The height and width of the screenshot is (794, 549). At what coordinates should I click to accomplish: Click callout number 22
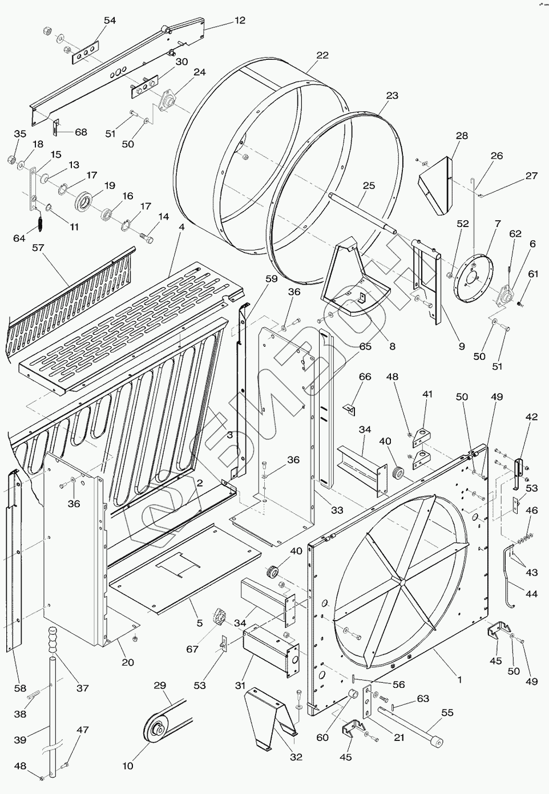coord(322,55)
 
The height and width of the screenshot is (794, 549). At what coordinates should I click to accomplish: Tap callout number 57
coord(38,248)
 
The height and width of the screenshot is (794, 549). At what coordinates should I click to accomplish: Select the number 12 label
coord(240,21)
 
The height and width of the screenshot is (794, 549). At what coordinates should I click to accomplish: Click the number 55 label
coord(447,712)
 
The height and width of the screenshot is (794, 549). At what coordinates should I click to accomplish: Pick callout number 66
coord(365,376)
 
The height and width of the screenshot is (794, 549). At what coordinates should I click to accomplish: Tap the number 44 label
coord(531,594)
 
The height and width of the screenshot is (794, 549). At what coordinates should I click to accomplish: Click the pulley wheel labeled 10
coord(155,730)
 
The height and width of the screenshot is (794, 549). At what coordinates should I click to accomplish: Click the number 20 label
coord(128,662)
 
